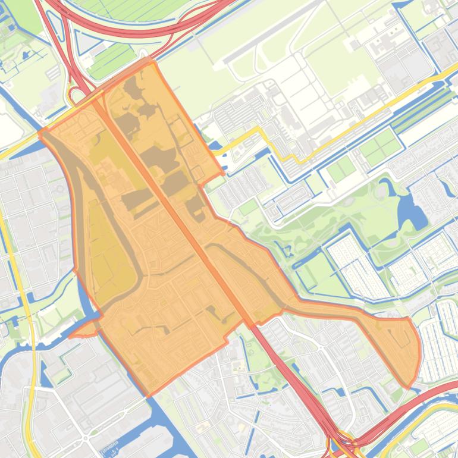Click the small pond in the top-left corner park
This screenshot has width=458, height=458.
coord(24,57)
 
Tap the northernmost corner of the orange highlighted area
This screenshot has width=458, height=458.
coord(151,60)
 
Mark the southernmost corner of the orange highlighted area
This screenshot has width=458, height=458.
coord(149,395)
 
